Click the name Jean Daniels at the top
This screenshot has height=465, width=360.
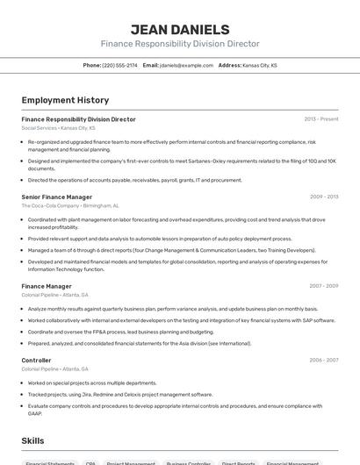(x=180, y=29)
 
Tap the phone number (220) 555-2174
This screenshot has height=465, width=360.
(x=119, y=65)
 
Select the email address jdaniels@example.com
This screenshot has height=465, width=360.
(x=186, y=65)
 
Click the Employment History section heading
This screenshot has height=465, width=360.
(x=65, y=100)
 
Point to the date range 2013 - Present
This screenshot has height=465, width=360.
(x=320, y=118)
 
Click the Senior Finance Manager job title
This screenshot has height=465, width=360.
(x=56, y=197)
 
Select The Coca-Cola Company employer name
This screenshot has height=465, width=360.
(x=50, y=205)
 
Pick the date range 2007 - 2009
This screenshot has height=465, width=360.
(x=324, y=286)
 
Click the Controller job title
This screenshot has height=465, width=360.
(x=36, y=361)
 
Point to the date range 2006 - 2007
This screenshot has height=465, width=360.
(x=324, y=361)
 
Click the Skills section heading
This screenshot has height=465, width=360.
(x=32, y=440)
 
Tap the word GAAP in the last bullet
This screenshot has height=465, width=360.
(x=35, y=413)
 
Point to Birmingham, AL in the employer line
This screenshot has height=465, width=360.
(x=102, y=205)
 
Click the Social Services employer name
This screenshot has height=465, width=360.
(x=39, y=127)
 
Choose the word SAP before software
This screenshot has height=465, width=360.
(x=306, y=320)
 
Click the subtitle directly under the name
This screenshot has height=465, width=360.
(x=180, y=43)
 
